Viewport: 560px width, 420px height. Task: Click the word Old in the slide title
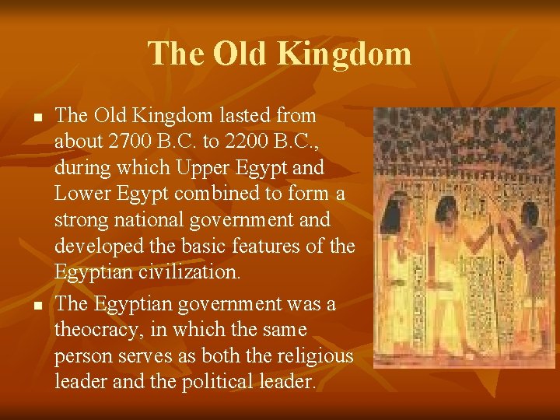point(240,54)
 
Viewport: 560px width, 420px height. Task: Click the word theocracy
point(94,330)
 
